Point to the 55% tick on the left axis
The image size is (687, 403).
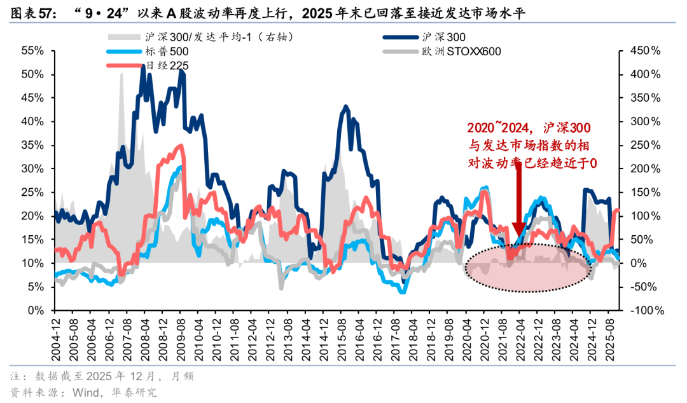pos(32,50)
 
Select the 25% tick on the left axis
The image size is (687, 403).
pos(32,192)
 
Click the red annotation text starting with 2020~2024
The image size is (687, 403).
pos(532,146)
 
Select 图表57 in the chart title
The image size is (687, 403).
pos(32,13)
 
